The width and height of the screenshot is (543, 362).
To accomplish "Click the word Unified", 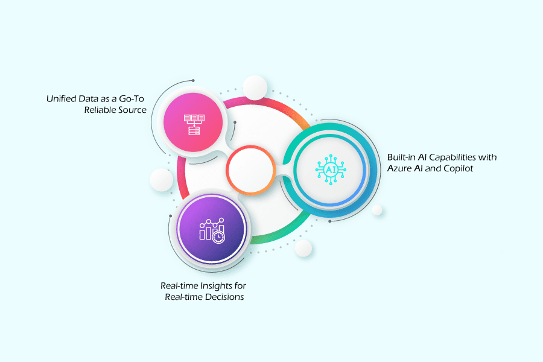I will click(x=60, y=98).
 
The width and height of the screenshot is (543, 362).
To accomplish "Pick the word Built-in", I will click(x=401, y=157).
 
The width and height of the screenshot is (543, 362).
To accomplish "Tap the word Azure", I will click(x=400, y=168).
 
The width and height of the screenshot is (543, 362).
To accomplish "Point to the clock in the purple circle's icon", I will click(x=218, y=238).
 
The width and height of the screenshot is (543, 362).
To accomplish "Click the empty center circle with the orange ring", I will click(x=250, y=170).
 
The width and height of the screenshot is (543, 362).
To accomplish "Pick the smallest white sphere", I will click(x=377, y=210).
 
